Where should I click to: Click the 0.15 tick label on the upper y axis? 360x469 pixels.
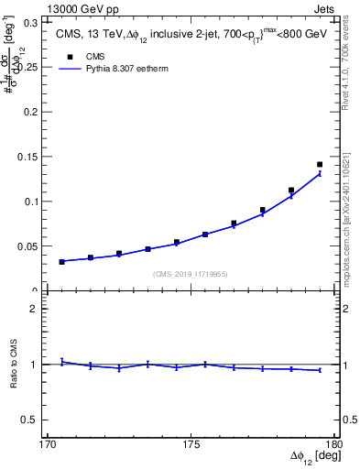30,156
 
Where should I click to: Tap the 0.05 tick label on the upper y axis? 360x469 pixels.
30,245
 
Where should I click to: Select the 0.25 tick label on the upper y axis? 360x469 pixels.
30,66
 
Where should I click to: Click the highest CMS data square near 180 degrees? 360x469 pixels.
320,165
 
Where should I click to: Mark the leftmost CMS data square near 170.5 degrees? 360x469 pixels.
61,262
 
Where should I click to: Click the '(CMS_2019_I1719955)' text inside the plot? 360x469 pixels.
190,272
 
